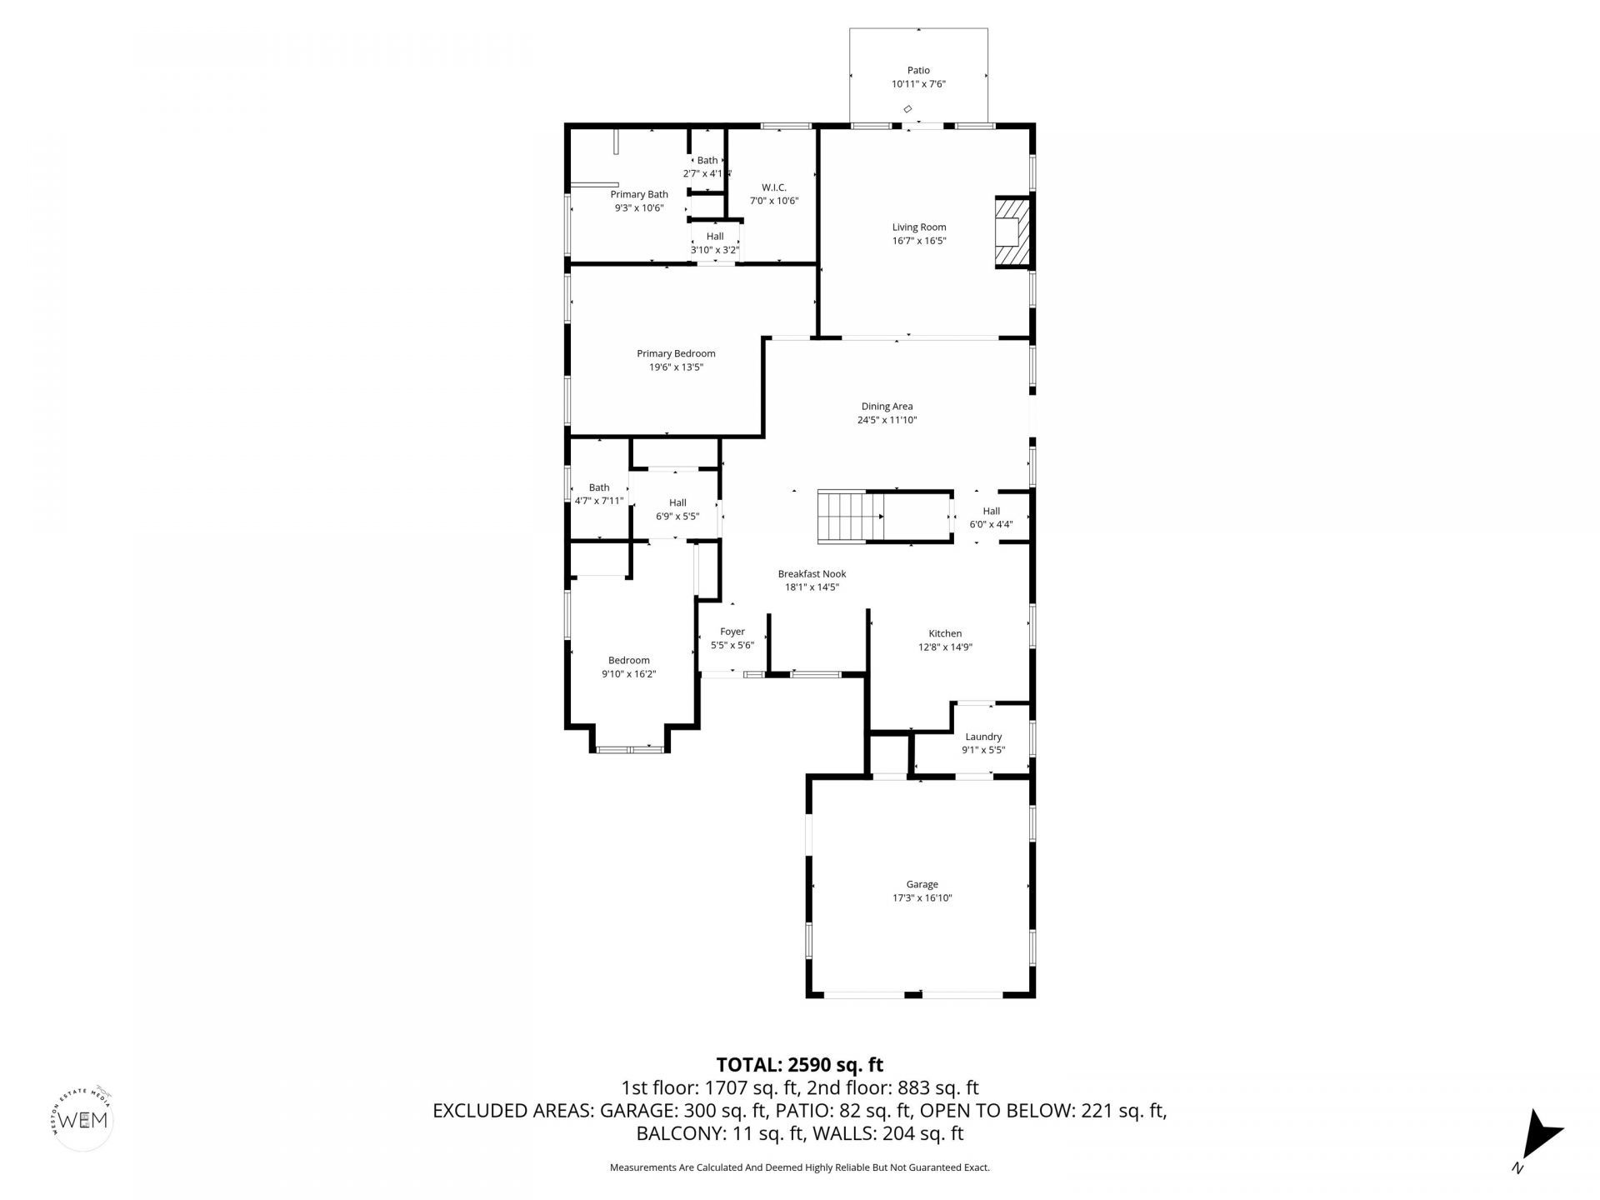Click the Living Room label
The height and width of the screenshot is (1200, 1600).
(x=919, y=227)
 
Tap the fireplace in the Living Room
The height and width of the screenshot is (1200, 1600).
(x=1013, y=232)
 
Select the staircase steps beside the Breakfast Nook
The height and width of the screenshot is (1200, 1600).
(x=850, y=517)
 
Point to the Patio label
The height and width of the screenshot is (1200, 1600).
(x=918, y=71)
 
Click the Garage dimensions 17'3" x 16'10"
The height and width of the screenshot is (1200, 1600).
(x=922, y=897)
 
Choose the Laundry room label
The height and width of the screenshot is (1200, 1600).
(x=983, y=737)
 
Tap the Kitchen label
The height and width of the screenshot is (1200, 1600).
(x=945, y=633)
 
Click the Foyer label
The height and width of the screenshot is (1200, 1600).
(x=732, y=632)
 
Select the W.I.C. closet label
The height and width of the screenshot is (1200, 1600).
(x=774, y=187)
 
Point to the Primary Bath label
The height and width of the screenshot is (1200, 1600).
(x=639, y=194)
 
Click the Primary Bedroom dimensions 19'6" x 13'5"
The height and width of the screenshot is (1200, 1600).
(x=676, y=367)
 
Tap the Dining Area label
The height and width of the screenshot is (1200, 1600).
(x=887, y=407)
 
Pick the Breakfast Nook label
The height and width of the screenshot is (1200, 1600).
(x=812, y=573)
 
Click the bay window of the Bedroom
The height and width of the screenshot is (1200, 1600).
(x=630, y=750)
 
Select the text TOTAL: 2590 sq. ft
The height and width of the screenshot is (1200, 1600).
(x=800, y=1065)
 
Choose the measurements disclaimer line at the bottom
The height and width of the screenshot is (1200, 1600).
(x=800, y=1167)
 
